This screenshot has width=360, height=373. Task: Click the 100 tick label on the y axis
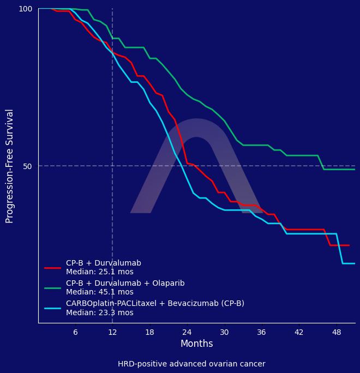[x=26, y=9]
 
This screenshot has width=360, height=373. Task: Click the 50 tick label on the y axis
[x=28, y=166]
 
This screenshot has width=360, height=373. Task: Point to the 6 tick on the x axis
[x=75, y=332]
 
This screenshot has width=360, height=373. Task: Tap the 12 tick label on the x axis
[x=112, y=332]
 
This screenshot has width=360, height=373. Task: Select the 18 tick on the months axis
[x=149, y=332]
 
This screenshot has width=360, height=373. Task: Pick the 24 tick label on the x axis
[x=187, y=332]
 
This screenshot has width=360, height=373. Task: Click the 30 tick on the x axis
[x=224, y=332]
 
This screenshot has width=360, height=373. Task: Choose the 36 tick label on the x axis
[x=261, y=332]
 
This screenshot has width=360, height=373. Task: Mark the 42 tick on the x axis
[x=298, y=332]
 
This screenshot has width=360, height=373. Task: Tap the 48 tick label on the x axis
[x=336, y=332]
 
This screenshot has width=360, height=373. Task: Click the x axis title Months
[x=197, y=344]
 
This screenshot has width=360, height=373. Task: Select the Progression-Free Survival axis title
[x=10, y=166]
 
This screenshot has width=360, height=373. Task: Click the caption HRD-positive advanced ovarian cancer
[x=191, y=364]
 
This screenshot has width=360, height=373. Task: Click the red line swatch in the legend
[x=52, y=268]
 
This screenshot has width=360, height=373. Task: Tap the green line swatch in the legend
[x=52, y=288]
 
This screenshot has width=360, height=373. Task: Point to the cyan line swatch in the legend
[x=52, y=308]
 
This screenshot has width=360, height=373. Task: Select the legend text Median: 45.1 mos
[x=100, y=292]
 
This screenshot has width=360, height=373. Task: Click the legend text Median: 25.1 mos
[x=100, y=272]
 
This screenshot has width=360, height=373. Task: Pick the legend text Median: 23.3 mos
[x=100, y=313]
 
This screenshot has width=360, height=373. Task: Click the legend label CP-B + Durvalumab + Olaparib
[x=125, y=284]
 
